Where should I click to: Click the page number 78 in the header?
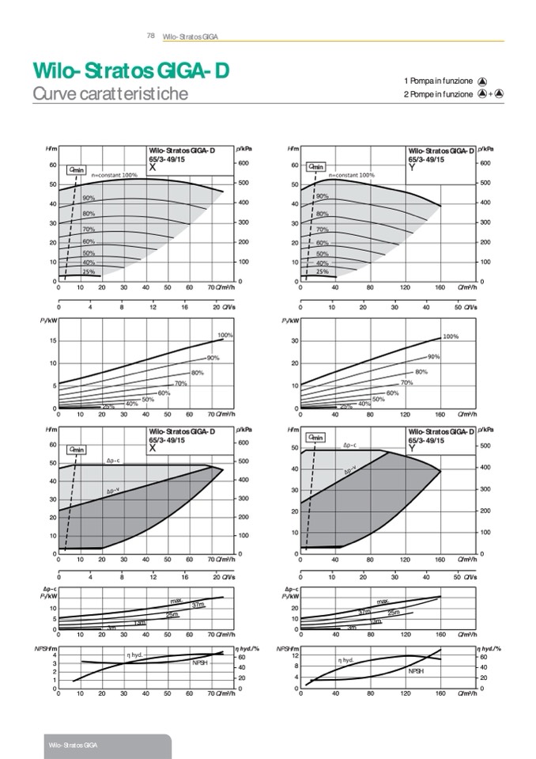150,36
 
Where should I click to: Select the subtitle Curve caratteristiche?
110,93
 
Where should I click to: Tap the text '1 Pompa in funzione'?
438,82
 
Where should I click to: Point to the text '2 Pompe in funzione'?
438,94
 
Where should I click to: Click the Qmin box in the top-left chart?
77,169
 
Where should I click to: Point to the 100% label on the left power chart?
225,336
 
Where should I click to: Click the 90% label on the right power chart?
434,357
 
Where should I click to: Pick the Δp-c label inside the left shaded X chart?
114,461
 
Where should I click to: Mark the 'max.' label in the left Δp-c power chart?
176,602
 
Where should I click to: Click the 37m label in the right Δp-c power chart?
364,612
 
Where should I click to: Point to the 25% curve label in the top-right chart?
323,271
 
